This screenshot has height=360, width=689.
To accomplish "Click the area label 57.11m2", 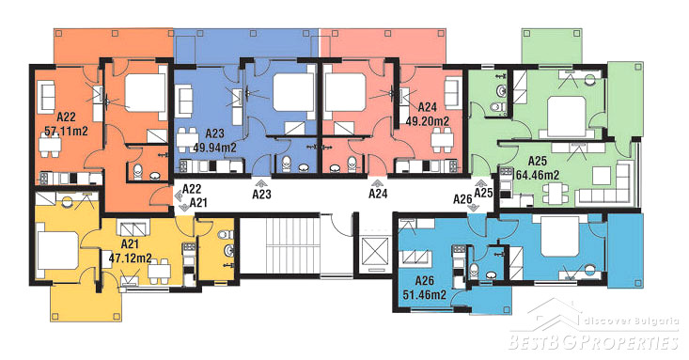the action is (66, 131).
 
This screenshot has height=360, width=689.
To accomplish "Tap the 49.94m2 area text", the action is (214, 148).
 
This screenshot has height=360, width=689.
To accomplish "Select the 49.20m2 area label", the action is (427, 121).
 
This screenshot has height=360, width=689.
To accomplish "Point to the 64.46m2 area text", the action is (537, 175).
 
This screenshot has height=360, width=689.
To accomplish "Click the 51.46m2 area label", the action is (425, 294).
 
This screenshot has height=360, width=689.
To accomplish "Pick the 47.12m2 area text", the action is (130, 258).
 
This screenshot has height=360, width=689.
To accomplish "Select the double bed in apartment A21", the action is (58, 251).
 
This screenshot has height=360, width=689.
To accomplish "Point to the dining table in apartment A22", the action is (50, 145).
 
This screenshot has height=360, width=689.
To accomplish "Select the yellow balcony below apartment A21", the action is (86, 303).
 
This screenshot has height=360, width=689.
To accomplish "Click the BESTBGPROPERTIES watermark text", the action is (593, 341).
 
